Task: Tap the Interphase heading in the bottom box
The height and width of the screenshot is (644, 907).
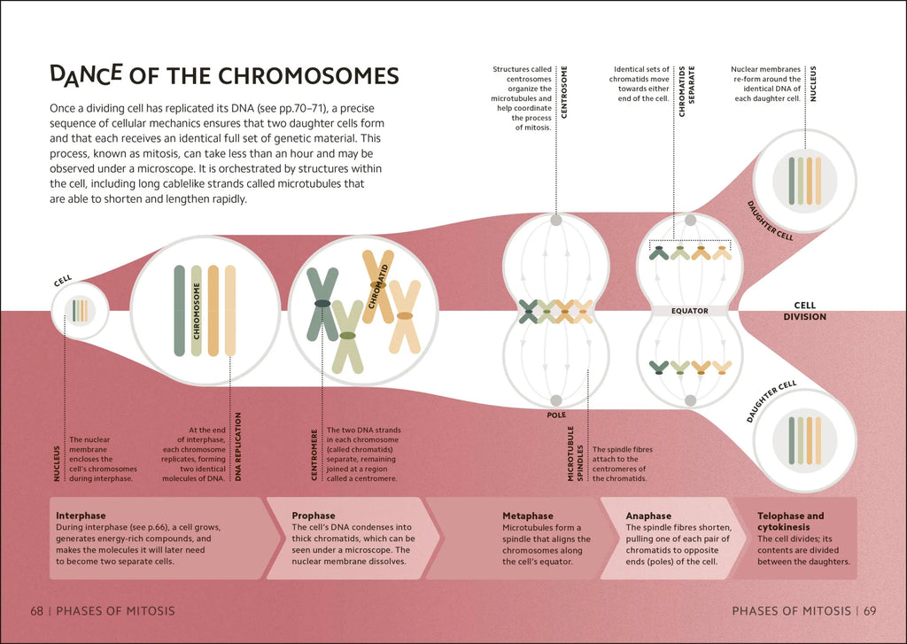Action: coord(81,516)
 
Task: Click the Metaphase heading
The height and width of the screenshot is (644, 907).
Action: coord(527,516)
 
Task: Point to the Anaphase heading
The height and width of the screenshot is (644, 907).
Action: coord(648,516)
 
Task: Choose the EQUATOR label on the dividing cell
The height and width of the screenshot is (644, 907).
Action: coord(689,311)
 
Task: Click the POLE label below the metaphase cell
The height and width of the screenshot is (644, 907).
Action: coord(556,415)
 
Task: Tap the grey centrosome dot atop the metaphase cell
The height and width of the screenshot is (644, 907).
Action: coord(555,221)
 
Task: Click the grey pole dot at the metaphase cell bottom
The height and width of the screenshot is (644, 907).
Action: coord(555,400)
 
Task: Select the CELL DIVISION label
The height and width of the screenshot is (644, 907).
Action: coord(804,311)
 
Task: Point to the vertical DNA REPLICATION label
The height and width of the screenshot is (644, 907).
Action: coord(238,447)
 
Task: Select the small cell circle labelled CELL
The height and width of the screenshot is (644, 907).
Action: coord(80,310)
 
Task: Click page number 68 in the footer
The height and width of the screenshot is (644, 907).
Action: coord(37,610)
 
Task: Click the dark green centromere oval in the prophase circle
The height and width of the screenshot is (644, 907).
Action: coord(322,304)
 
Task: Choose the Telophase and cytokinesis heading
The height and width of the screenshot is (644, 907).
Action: coord(790,522)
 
